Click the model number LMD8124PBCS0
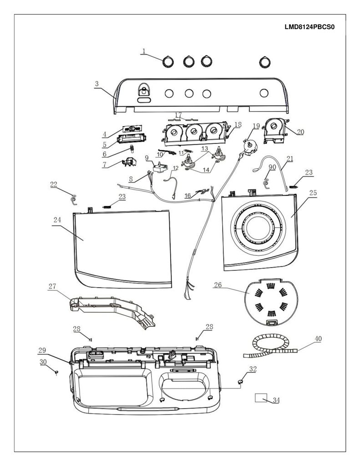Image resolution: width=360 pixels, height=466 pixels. tap(309, 27)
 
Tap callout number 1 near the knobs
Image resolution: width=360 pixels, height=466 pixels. tap(144, 51)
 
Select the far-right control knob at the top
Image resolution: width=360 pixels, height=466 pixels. tap(264, 62)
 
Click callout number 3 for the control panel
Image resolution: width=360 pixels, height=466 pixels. tap(96, 84)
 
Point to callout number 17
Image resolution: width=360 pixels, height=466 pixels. tap(178, 115)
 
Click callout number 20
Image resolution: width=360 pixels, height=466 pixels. tap(300, 132)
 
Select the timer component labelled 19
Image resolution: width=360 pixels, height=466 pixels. tap(250, 147)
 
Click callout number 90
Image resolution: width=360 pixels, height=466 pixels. tap(272, 167)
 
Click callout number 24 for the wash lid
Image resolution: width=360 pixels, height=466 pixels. tap(57, 220)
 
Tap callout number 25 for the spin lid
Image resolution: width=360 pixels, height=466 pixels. tap(313, 192)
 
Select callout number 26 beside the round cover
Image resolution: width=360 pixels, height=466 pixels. tap(218, 285)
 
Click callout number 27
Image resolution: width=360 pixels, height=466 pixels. tap(52, 286)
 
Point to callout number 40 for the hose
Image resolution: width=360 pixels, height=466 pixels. tap(318, 339)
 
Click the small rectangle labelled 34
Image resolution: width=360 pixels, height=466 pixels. tap(261, 397)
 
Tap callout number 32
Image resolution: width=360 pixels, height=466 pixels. tap(253, 369)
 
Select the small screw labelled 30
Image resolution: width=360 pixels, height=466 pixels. tap(56, 372)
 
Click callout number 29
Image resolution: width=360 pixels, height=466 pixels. tap(42, 350)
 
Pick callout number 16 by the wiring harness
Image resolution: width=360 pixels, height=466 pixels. tap(188, 196)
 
